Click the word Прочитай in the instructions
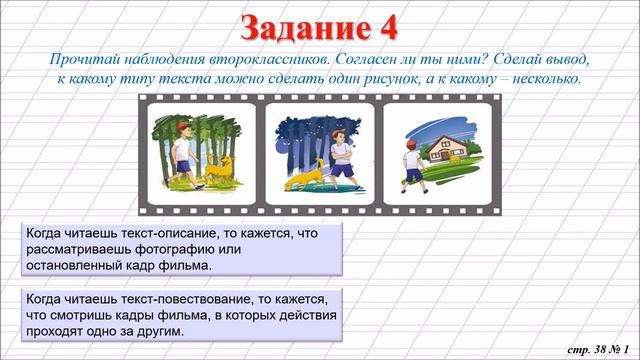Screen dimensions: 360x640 [x=89, y=59]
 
